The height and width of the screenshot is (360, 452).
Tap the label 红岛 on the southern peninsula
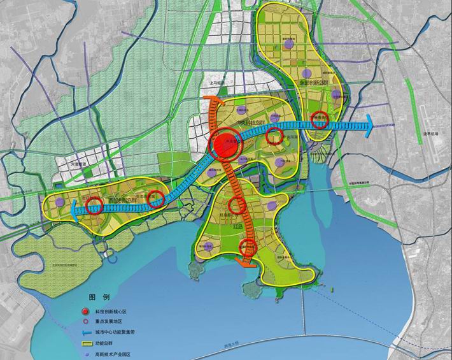pos(237,226)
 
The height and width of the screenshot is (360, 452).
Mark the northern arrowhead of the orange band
pos(213,102)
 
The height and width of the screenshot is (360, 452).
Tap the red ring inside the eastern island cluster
pos(321,118)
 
